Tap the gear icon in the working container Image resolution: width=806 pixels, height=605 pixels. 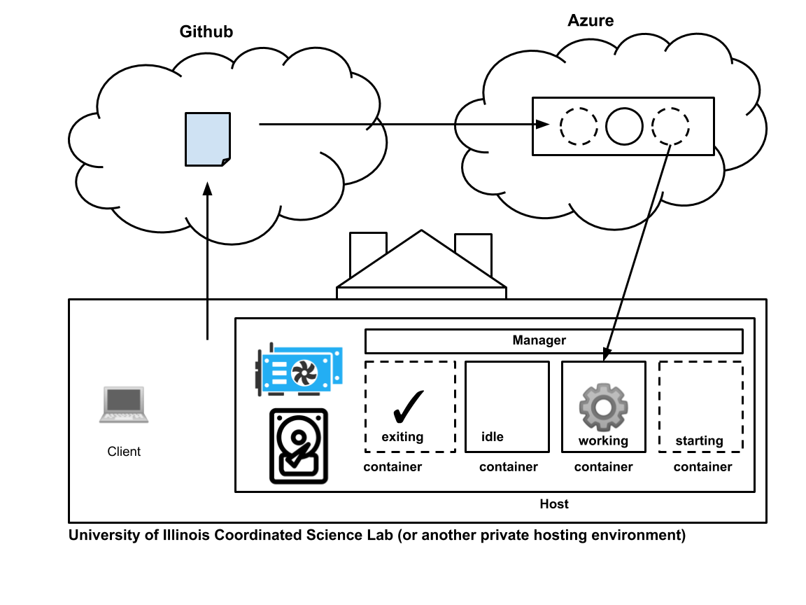(x=603, y=407)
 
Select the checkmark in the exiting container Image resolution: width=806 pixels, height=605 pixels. (x=408, y=407)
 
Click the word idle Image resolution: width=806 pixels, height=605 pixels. (x=493, y=437)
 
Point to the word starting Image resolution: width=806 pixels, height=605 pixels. (x=699, y=440)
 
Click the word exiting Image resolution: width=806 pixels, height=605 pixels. (x=402, y=437)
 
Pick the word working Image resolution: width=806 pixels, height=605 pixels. (x=603, y=440)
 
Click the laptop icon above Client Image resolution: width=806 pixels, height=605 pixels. (x=124, y=405)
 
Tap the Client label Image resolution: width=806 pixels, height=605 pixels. (x=124, y=452)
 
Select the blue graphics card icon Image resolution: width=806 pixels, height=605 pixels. (x=299, y=370)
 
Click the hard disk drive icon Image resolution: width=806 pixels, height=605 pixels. (x=299, y=446)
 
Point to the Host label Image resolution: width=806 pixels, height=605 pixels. (x=554, y=504)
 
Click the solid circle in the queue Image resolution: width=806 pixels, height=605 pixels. (x=624, y=127)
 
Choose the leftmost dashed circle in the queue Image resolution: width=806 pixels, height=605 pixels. (x=579, y=127)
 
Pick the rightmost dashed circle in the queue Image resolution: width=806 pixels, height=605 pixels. (x=670, y=127)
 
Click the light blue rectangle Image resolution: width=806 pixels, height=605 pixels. (x=208, y=139)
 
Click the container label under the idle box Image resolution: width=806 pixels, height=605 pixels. (x=509, y=467)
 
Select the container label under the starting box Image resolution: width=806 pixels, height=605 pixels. (x=702, y=467)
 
